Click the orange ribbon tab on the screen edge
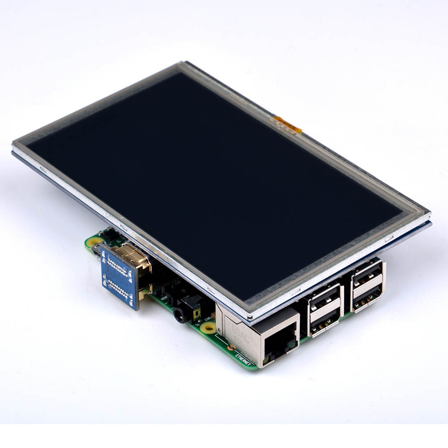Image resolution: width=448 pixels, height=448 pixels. click(288, 125)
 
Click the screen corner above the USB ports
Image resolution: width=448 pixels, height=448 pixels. click(427, 217)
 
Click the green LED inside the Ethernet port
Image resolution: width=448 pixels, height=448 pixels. click(291, 344)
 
